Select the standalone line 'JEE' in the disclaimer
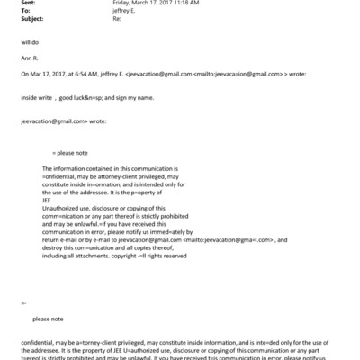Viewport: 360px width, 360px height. [x=48, y=201]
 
